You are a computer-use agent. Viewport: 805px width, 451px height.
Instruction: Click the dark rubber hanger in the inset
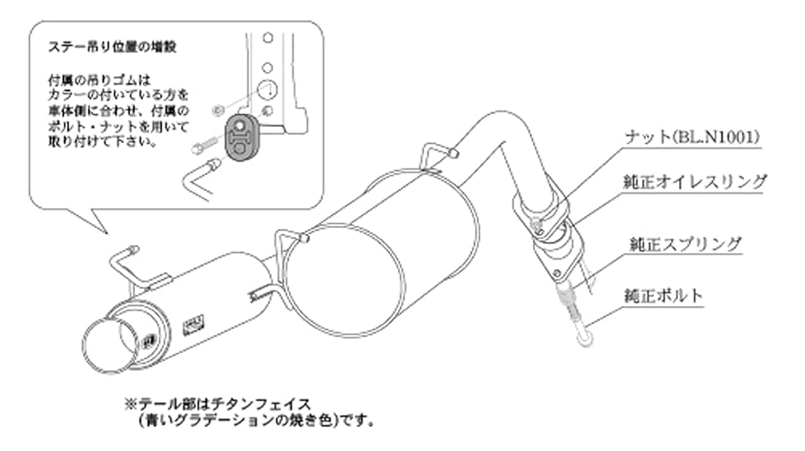237,137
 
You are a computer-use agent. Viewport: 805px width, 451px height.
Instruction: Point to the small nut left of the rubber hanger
214,111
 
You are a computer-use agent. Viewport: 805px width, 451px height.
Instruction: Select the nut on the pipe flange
538,222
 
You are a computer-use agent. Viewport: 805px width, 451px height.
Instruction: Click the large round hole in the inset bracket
268,90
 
